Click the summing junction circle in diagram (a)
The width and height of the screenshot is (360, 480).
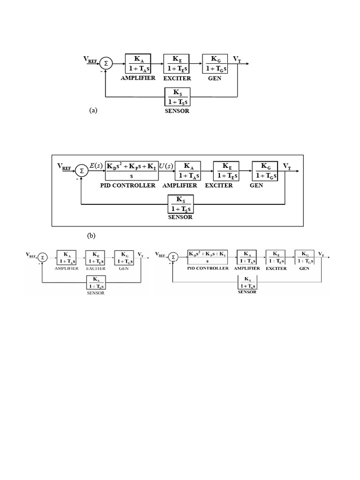coord(106,63)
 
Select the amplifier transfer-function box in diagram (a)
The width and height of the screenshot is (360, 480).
coord(139,63)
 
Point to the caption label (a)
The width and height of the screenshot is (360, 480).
coord(93,111)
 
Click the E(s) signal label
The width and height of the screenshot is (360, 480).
coord(97,165)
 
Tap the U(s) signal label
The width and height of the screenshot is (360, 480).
coord(167,166)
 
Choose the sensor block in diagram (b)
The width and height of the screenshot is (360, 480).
coord(180,203)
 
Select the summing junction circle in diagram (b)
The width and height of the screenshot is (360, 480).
coord(81,171)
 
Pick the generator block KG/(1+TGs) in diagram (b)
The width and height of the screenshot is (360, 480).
coord(265,171)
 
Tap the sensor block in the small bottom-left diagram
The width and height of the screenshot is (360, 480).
coord(95,283)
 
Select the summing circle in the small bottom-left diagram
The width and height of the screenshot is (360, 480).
coord(43,257)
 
